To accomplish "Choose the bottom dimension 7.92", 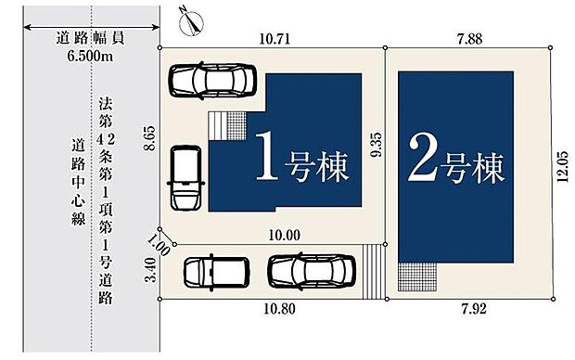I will (x=472, y=309).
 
